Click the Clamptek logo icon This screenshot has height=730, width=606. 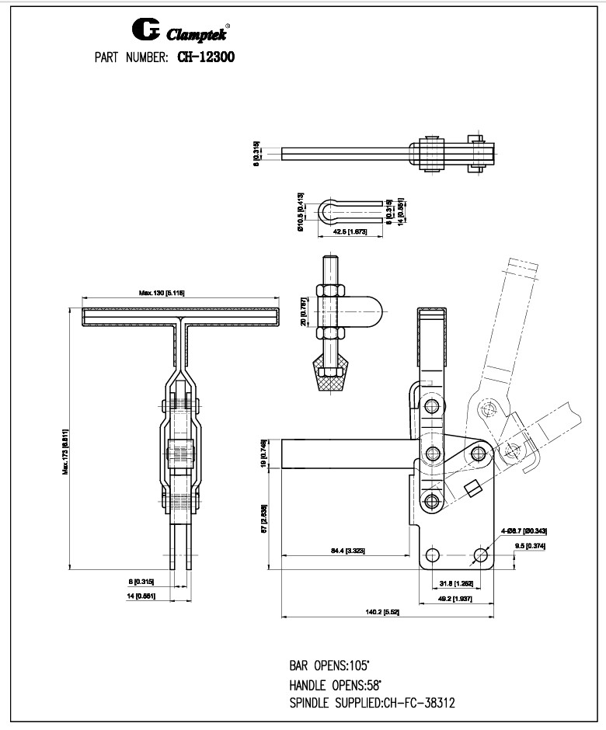[146, 31]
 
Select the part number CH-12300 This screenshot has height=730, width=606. [207, 57]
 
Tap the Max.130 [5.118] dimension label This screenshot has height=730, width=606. [162, 293]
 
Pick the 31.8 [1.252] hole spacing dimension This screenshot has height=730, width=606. [452, 583]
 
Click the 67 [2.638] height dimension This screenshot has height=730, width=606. [265, 516]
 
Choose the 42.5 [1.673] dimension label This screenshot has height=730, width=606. [350, 232]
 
